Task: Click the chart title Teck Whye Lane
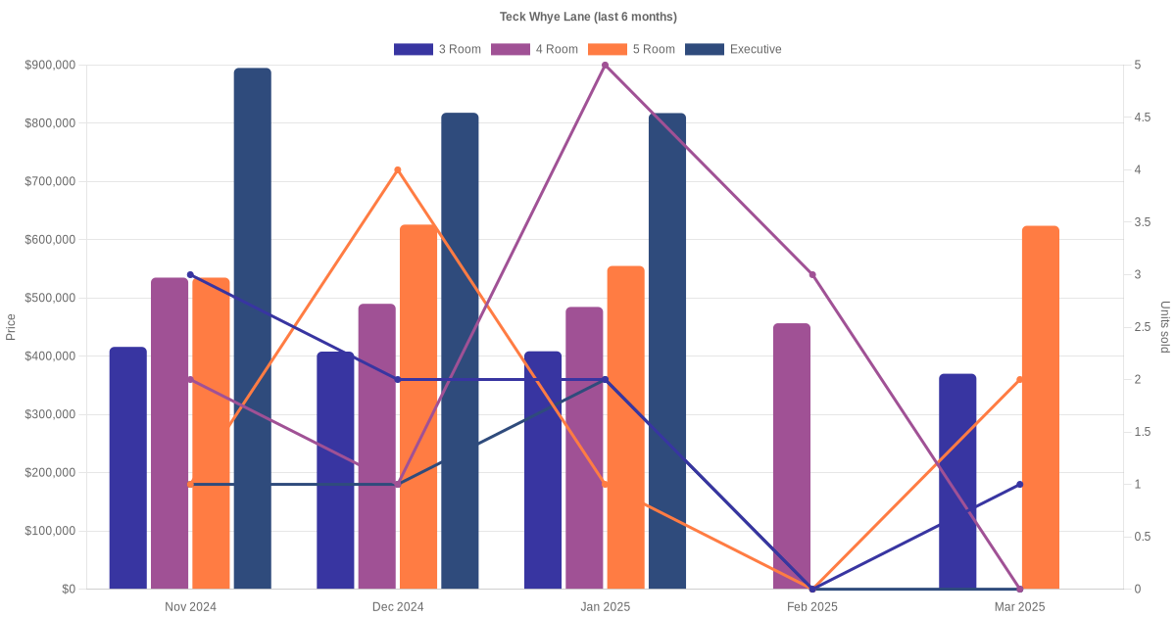click(588, 17)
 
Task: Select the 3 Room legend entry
click(437, 49)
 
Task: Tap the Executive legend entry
click(733, 49)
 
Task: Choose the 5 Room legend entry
click(631, 49)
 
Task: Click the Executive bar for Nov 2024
click(253, 328)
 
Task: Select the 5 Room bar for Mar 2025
click(1041, 407)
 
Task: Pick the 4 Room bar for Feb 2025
click(792, 456)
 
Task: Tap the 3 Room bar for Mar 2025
click(957, 481)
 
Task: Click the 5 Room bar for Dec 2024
click(418, 406)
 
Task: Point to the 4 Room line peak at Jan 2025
click(605, 66)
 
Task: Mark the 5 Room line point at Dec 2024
click(398, 170)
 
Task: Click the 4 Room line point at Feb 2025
click(812, 275)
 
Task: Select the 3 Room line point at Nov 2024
click(190, 275)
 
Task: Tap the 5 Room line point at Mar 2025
click(1020, 380)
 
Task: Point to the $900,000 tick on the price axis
click(50, 66)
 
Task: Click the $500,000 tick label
click(50, 298)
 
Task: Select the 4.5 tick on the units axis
click(1142, 118)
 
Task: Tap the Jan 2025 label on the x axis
click(605, 607)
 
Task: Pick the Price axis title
click(11, 327)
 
